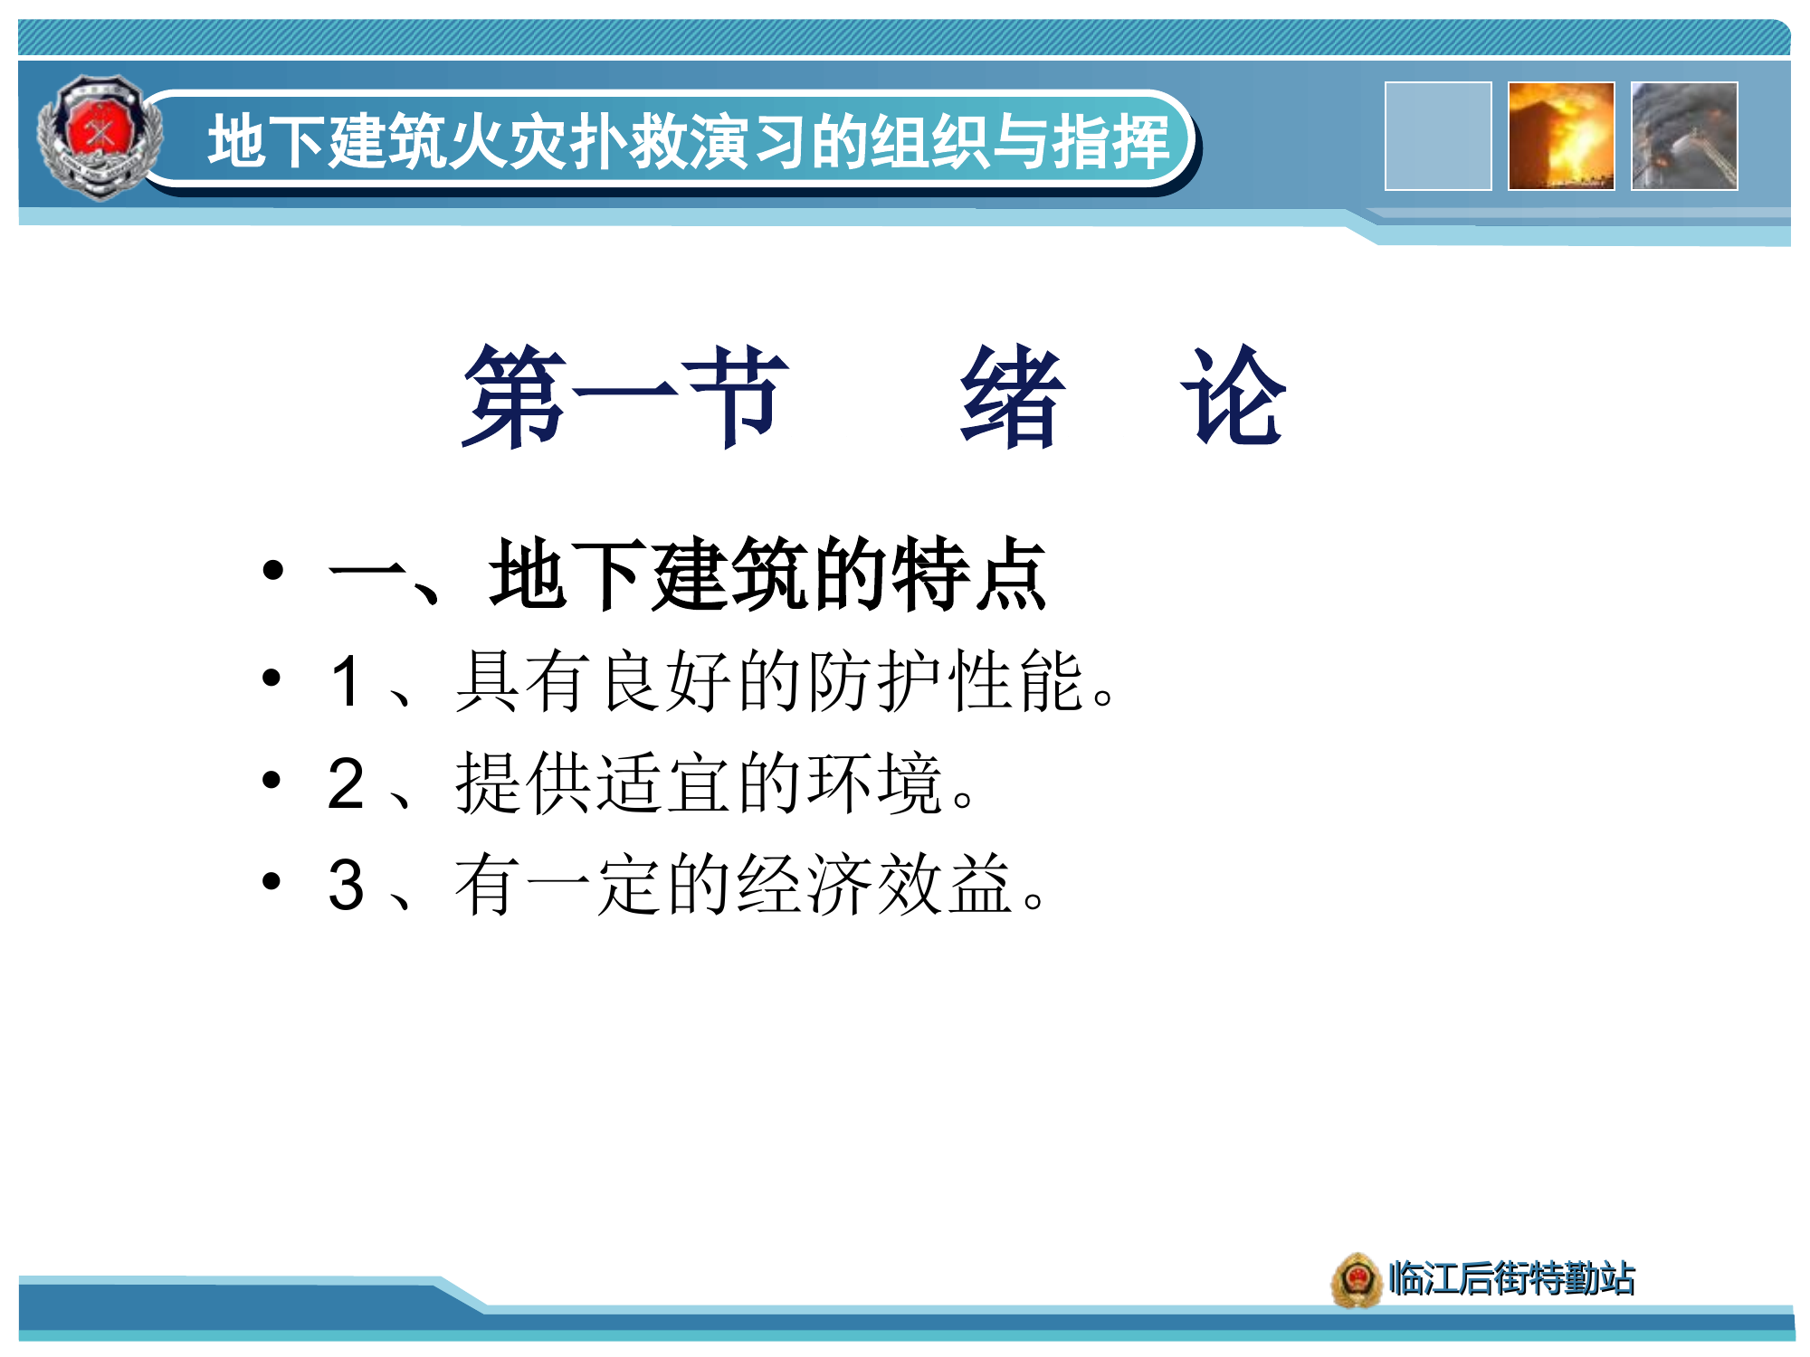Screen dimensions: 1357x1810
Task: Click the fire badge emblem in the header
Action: tap(100, 138)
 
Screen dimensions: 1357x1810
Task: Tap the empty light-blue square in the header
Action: tap(1438, 137)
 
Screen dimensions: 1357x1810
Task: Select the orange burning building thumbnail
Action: tap(1561, 137)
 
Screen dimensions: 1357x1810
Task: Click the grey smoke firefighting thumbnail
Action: tap(1684, 137)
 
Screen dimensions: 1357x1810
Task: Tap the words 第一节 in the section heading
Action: tap(624, 398)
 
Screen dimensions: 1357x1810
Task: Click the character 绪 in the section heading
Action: tap(1012, 398)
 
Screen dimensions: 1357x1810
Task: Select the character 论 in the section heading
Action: tap(1234, 398)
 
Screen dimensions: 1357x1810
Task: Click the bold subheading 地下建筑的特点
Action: tap(767, 575)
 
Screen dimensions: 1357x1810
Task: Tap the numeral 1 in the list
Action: tap(347, 681)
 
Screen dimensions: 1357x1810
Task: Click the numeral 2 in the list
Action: tap(347, 783)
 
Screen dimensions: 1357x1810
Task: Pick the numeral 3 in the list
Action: tap(347, 885)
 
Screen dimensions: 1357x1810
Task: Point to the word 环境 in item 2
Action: tap(876, 783)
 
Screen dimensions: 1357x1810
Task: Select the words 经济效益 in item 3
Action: tap(874, 885)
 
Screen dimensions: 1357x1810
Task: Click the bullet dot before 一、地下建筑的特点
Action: tap(272, 570)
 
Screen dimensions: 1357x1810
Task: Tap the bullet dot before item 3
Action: tap(272, 880)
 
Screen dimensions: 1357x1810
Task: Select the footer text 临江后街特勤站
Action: tap(1511, 1279)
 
